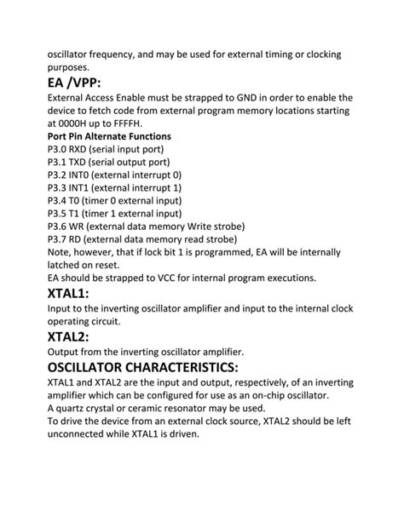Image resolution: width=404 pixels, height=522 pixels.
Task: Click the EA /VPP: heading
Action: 74,83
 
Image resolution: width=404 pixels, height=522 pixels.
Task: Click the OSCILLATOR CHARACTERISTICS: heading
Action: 142,367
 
